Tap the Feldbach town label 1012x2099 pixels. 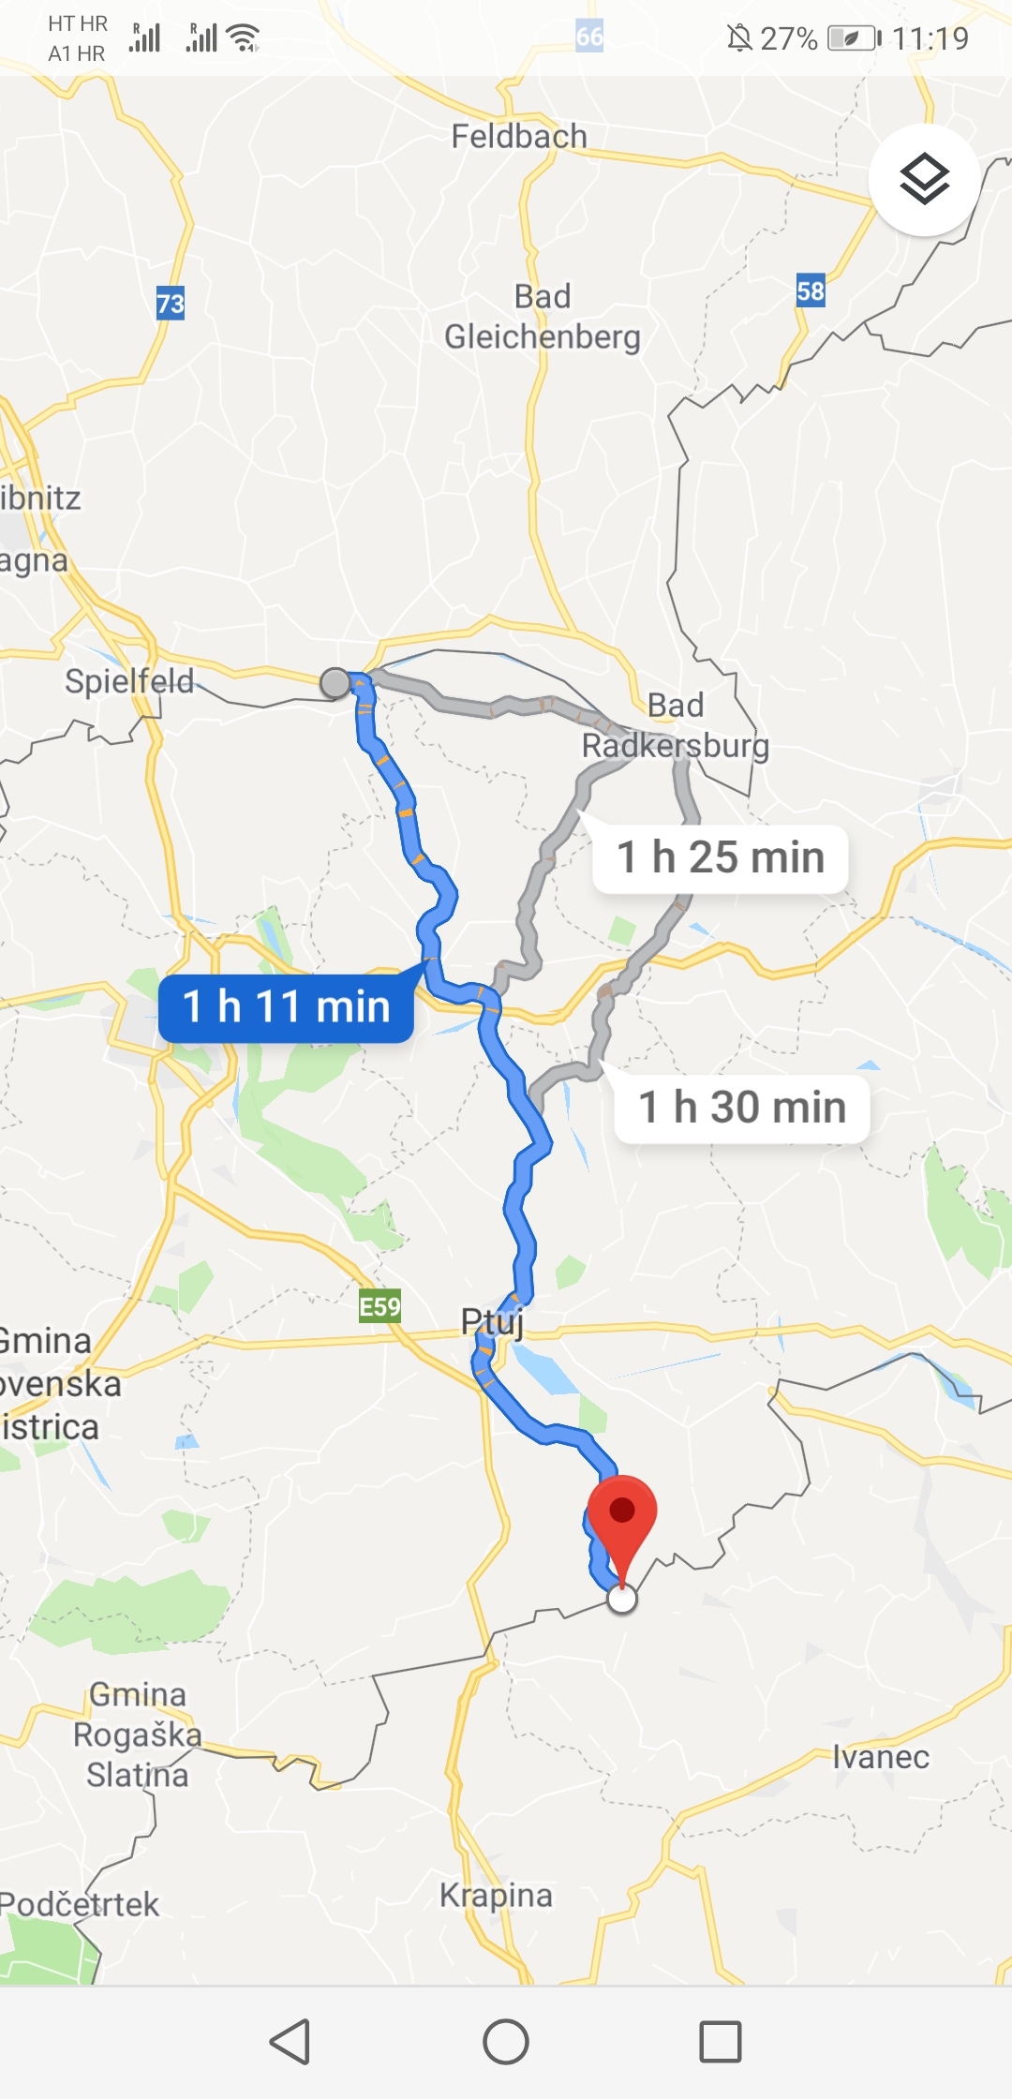[519, 137]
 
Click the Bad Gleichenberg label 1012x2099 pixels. [543, 317]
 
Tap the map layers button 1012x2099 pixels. [924, 179]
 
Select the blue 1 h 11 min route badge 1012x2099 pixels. [286, 1007]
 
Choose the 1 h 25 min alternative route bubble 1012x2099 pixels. [721, 858]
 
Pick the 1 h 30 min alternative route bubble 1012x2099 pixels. [742, 1108]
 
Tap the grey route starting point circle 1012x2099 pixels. [335, 683]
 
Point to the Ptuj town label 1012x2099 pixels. [492, 1322]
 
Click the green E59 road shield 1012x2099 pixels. [379, 1306]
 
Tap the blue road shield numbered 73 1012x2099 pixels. [171, 304]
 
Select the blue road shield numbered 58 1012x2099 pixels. [811, 291]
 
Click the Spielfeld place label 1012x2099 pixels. [129, 681]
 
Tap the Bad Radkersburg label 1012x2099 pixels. [676, 725]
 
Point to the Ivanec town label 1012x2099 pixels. [881, 1757]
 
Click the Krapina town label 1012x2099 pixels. [497, 1895]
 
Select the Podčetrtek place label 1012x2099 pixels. [80, 1904]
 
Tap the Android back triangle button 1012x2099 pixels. [290, 2041]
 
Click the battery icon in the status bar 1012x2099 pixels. [853, 38]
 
